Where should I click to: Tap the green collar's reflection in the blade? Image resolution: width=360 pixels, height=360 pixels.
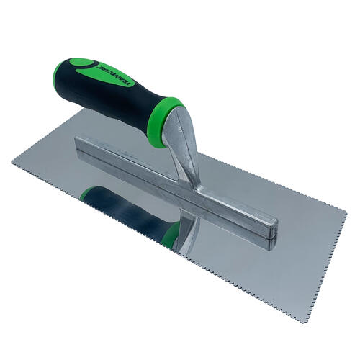171,234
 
